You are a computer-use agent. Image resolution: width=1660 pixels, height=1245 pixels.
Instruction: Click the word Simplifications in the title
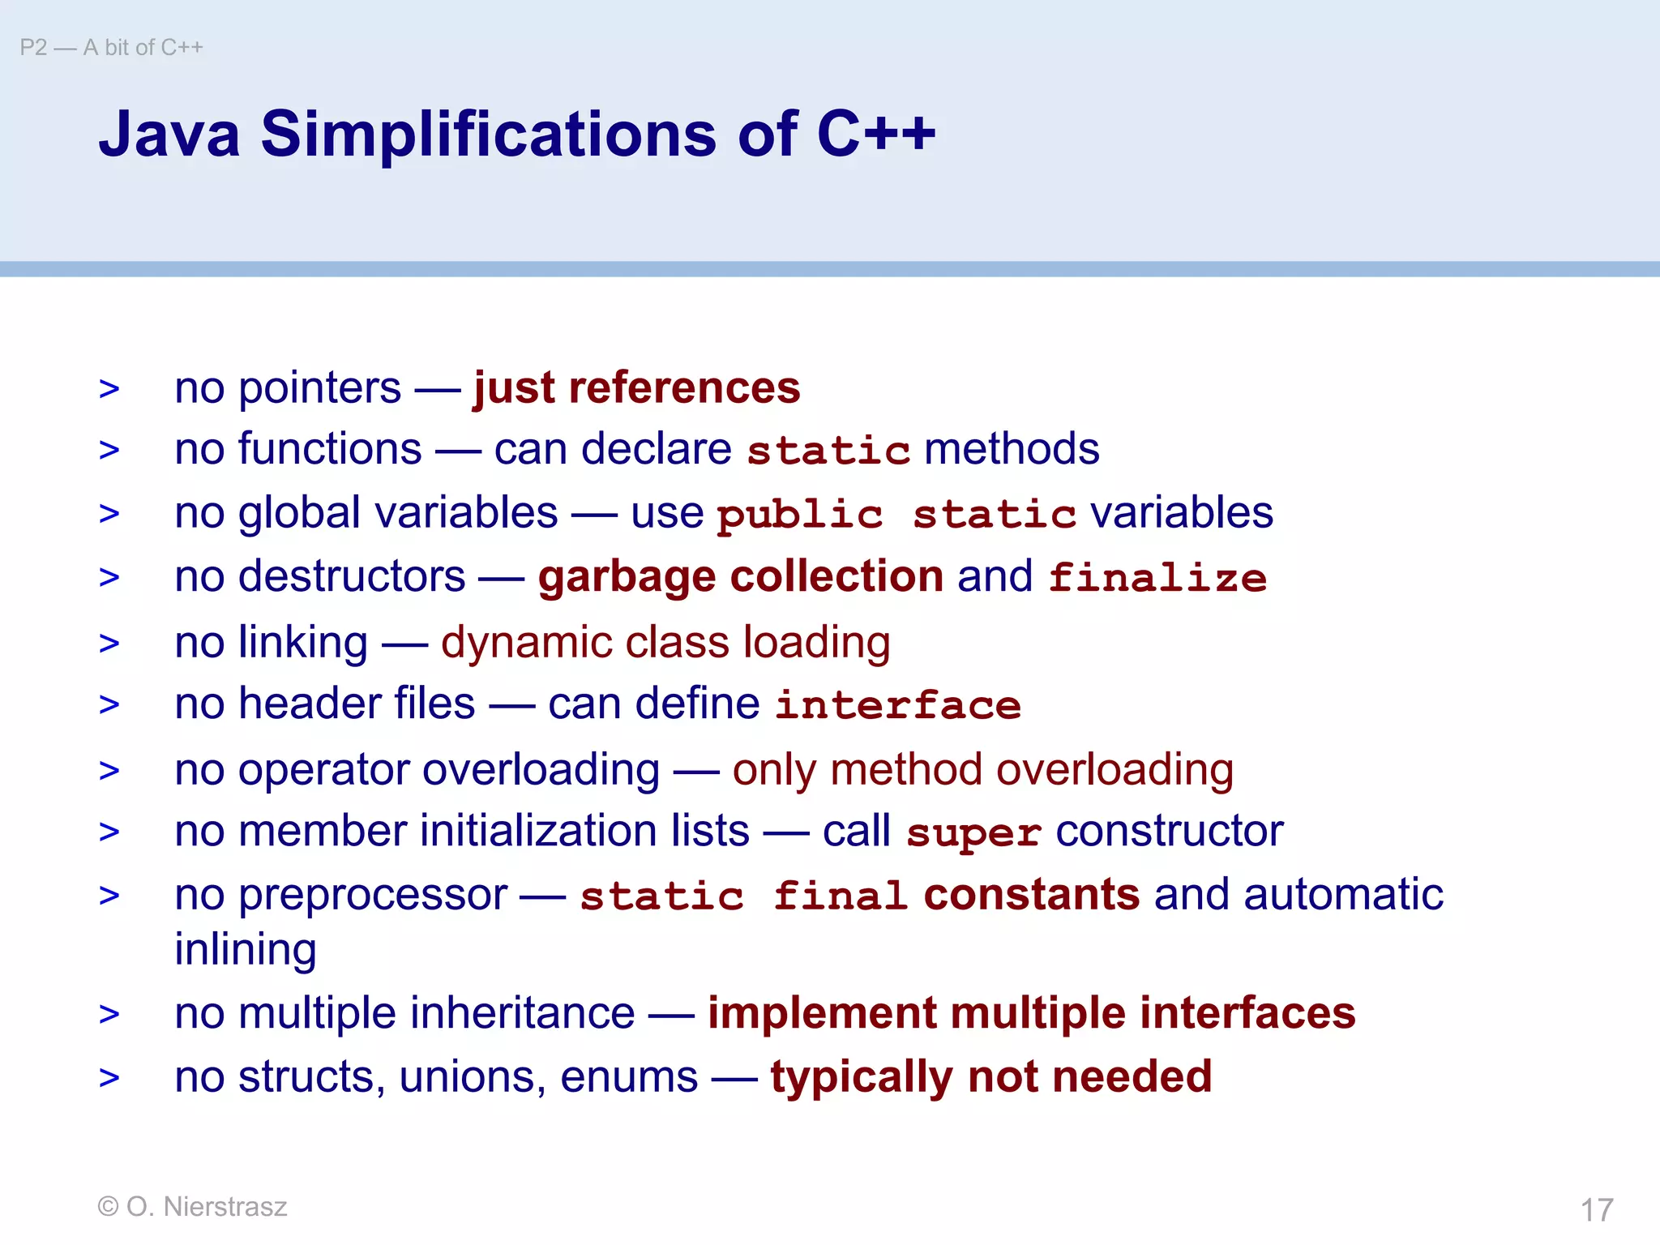(x=488, y=134)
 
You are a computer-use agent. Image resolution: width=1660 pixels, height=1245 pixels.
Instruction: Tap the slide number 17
(x=1596, y=1210)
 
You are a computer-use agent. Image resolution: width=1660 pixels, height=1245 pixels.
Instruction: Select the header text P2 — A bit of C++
(x=112, y=48)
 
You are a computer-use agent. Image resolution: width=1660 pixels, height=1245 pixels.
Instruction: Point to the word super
(x=973, y=833)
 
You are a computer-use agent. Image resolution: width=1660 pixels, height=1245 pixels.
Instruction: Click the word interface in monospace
(x=898, y=705)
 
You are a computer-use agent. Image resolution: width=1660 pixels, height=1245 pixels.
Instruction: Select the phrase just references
(x=636, y=387)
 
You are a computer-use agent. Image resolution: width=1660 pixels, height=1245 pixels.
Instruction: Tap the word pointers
(x=319, y=388)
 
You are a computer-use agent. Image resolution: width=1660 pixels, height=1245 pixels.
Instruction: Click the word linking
(x=303, y=643)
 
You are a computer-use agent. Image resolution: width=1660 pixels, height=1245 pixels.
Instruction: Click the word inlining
(x=246, y=950)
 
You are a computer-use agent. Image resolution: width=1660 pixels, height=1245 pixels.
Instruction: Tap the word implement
(x=822, y=1014)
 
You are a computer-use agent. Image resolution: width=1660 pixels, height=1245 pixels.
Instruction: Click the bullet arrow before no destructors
(x=109, y=578)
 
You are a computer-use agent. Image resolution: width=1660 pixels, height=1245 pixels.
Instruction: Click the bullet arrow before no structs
(x=109, y=1078)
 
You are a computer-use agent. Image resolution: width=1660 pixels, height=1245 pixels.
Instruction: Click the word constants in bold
(x=1031, y=896)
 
